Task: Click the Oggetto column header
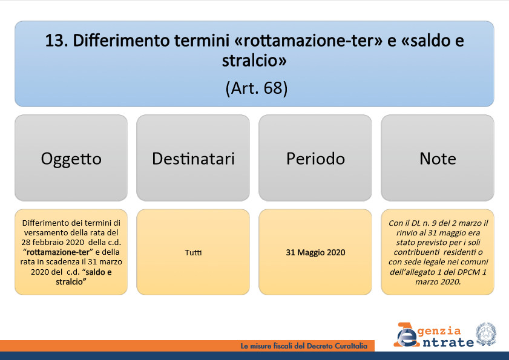tap(71, 158)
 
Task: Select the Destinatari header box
tap(193, 158)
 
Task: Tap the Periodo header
tap(315, 158)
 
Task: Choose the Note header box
tap(438, 158)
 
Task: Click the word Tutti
tap(193, 252)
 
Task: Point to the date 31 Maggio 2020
tap(315, 252)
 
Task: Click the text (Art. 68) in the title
tap(257, 88)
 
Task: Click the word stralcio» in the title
tap(254, 61)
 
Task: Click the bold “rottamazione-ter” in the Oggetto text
tap(57, 252)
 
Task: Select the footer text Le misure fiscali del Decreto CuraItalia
tap(304, 346)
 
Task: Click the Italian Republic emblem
tap(486, 335)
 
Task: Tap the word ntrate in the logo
tap(448, 342)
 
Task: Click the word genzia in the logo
tap(439, 331)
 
